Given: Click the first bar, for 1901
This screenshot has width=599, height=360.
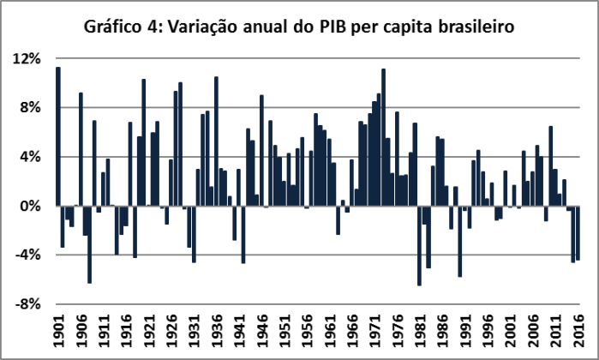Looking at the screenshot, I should coord(58,136).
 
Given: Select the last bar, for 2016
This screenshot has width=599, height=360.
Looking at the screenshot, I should coord(578,233).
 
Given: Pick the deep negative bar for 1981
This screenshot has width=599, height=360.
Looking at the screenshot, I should coord(420,246).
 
